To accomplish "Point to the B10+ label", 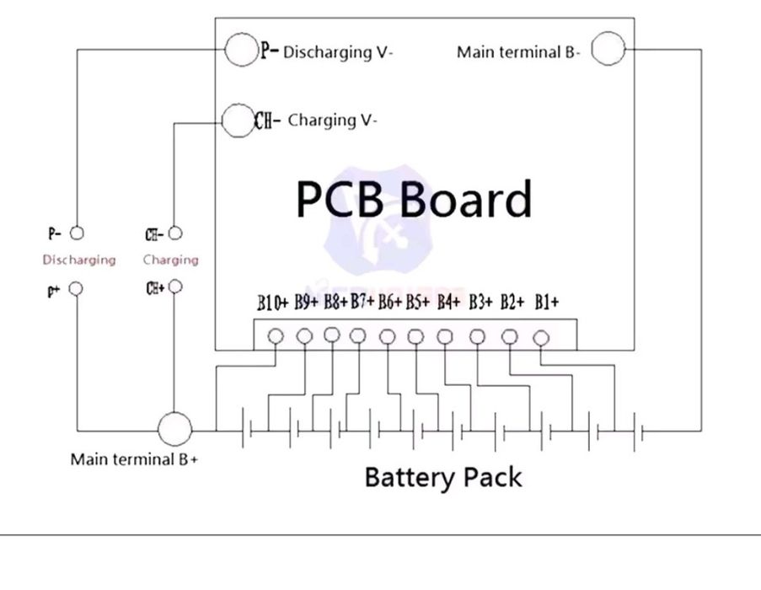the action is pos(273,303).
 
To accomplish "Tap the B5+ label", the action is pos(417,302).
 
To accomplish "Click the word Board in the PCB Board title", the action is pos(465,198).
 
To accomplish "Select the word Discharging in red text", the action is pos(79,260).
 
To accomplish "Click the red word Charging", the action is pos(171,260).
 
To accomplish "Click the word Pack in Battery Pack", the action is pos(493,477).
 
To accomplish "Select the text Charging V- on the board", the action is pos(332,121).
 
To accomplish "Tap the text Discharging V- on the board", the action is pos(338,52).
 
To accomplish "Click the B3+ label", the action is pos(480,302).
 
